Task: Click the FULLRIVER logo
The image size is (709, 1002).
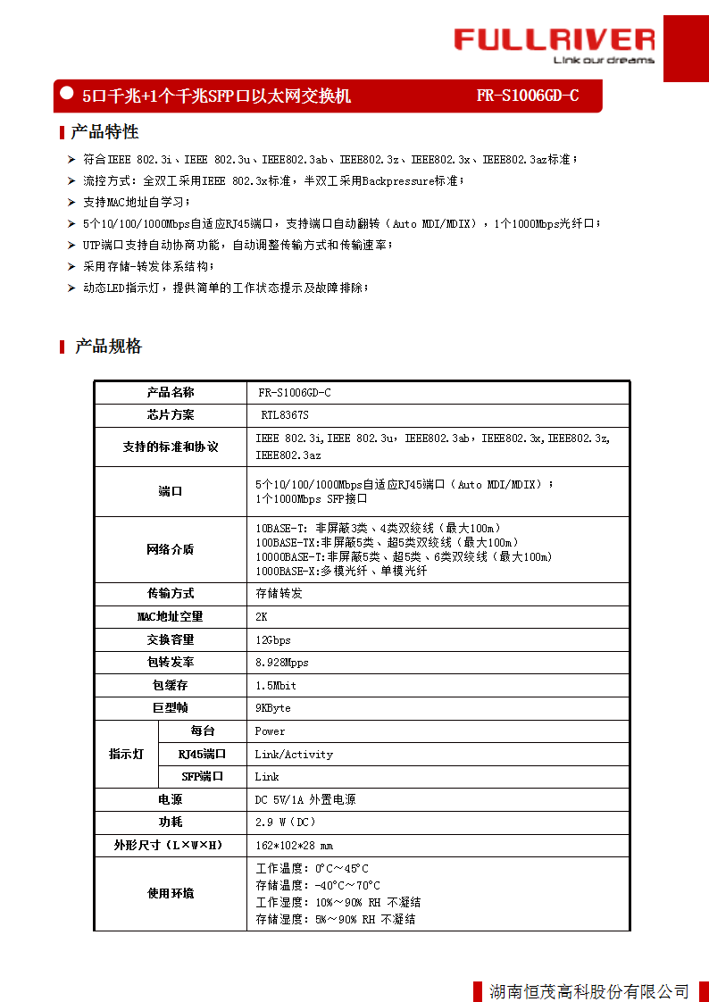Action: click(554, 44)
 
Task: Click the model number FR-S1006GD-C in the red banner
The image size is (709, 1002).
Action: click(527, 96)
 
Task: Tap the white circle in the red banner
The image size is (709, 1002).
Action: click(66, 92)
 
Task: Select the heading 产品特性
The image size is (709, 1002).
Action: click(104, 132)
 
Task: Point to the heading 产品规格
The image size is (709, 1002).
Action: click(108, 347)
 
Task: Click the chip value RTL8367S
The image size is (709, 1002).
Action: click(285, 415)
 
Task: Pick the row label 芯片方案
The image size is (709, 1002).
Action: click(171, 415)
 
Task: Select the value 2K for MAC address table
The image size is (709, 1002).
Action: click(262, 616)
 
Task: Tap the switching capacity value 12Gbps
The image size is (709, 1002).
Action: click(273, 639)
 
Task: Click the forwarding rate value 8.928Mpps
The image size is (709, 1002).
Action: click(282, 663)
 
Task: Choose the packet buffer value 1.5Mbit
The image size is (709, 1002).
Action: click(276, 685)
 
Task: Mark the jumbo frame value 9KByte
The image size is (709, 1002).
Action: click(273, 708)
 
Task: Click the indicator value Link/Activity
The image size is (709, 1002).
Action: click(294, 755)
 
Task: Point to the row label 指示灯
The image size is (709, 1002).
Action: click(126, 755)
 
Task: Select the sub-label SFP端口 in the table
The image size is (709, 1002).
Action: click(202, 777)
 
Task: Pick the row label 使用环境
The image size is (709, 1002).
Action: click(171, 893)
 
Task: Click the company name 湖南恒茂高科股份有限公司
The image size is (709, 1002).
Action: click(589, 991)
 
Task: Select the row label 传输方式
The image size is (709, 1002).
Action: click(171, 593)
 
